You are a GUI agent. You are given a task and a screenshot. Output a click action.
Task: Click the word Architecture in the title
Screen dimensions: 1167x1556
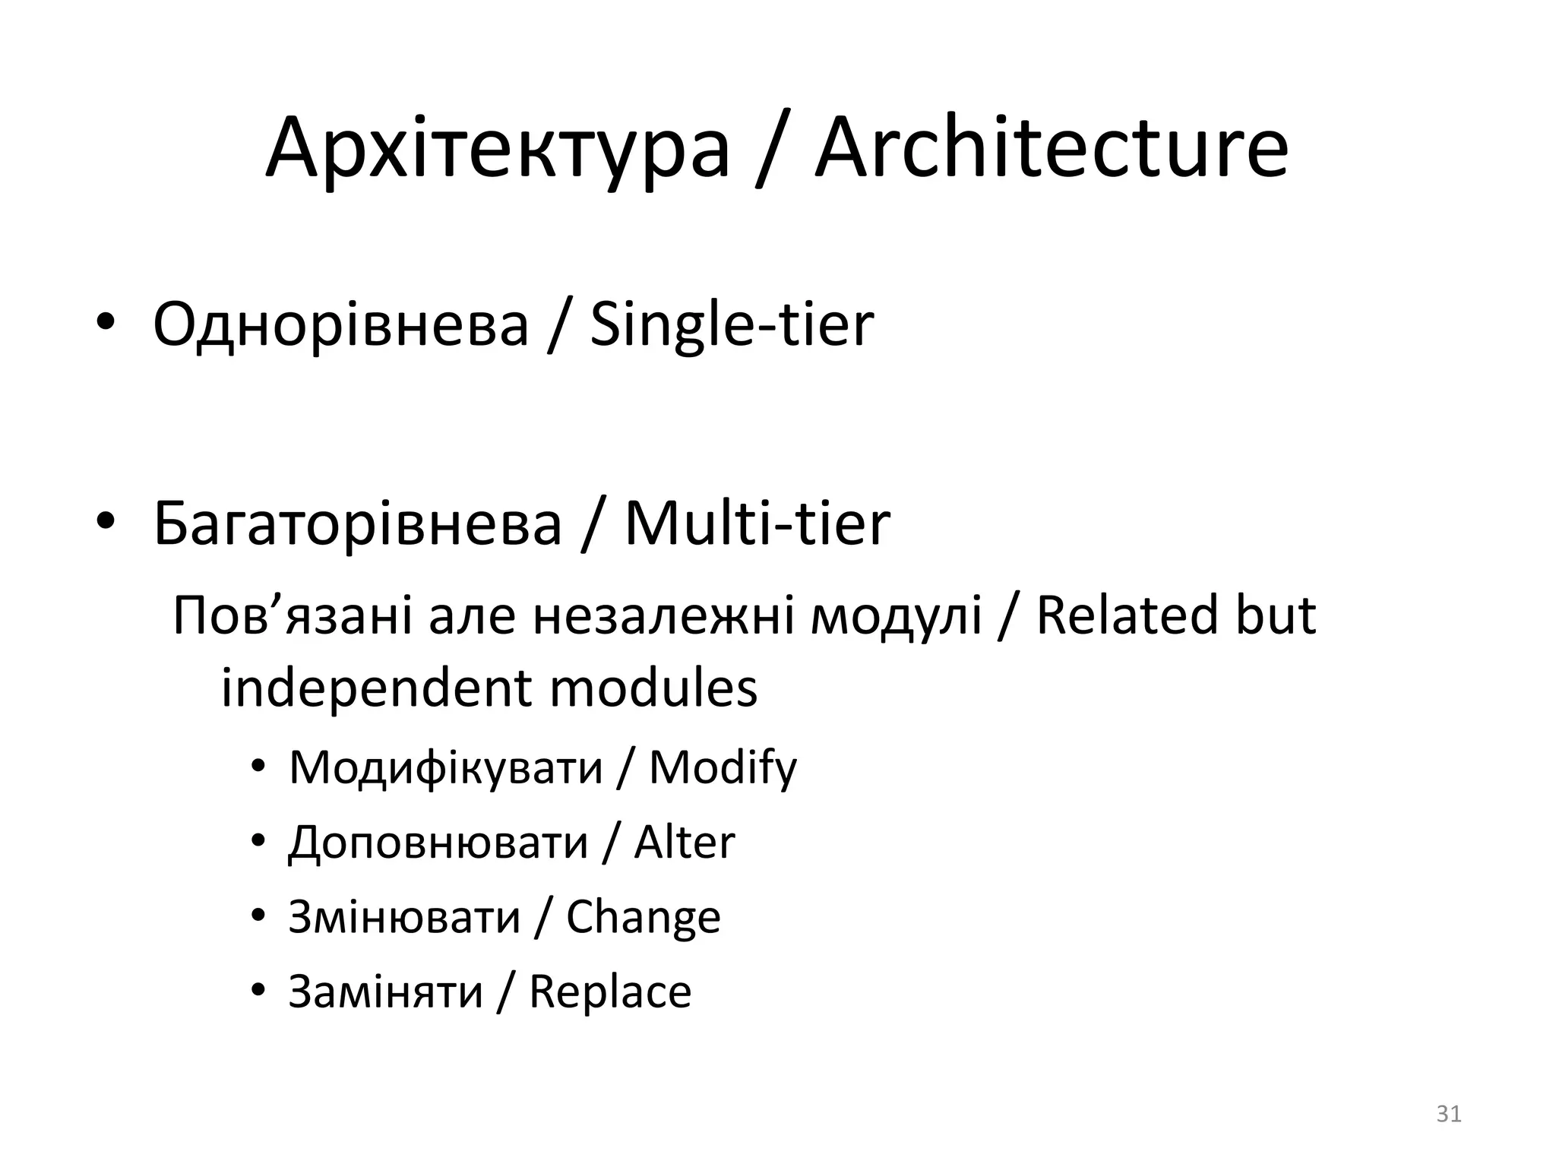coord(1052,149)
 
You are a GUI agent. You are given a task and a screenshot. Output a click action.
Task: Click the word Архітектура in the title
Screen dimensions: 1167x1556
coord(498,150)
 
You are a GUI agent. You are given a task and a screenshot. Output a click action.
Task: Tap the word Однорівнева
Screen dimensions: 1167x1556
coord(340,325)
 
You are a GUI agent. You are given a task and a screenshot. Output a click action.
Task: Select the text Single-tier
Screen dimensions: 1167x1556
coord(732,325)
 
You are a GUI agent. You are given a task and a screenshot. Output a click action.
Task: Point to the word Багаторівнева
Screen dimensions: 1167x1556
coord(357,524)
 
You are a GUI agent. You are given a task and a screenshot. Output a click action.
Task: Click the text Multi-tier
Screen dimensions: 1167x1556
coord(757,524)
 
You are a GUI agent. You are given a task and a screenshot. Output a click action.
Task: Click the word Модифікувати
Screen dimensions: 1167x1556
coord(446,767)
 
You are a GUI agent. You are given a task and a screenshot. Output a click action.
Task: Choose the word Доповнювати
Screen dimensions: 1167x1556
coord(438,843)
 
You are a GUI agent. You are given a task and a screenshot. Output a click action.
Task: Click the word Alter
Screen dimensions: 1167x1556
coord(685,842)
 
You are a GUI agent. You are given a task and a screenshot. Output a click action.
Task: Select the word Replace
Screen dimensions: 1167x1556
coord(610,992)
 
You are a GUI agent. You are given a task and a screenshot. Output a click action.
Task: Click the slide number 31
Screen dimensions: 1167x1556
coord(1449,1114)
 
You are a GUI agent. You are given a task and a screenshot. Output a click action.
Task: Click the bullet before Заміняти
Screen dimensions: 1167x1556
coord(258,989)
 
